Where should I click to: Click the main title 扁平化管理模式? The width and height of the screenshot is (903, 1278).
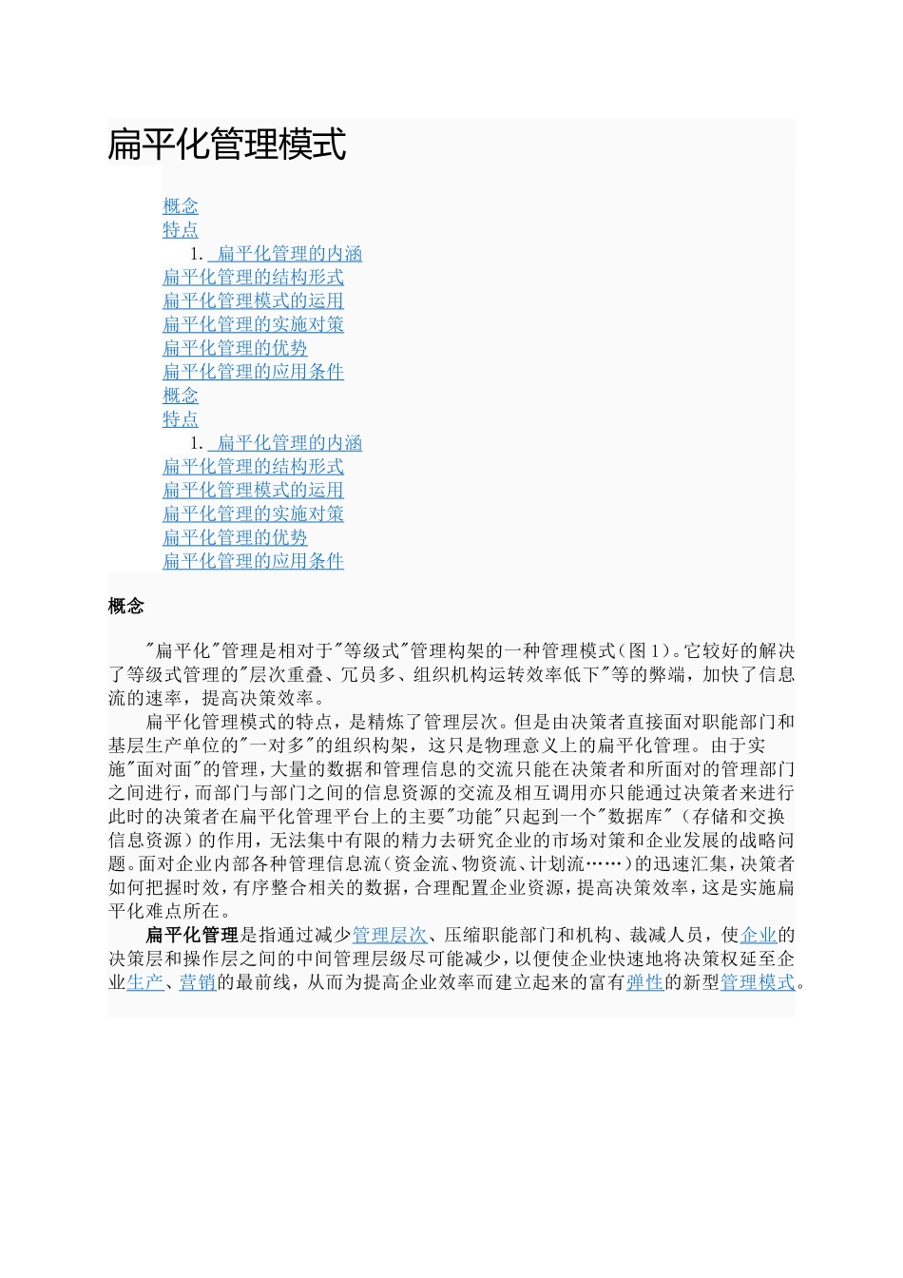click(227, 145)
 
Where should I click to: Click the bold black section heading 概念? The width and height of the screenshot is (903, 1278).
click(125, 607)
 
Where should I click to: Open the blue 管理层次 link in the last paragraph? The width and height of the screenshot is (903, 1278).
click(390, 936)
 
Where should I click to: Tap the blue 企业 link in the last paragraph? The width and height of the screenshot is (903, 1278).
click(758, 936)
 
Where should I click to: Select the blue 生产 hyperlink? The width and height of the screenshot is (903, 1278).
click(144, 982)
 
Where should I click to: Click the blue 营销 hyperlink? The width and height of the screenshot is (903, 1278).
click(198, 982)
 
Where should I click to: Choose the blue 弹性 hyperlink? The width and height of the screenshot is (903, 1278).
click(644, 982)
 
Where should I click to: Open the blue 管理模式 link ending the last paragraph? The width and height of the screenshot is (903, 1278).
click(758, 982)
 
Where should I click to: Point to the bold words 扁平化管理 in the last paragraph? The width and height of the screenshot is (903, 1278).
click(192, 936)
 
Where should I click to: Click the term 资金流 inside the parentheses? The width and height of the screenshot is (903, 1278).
click(418, 864)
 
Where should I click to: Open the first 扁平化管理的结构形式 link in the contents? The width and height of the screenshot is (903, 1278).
click(253, 278)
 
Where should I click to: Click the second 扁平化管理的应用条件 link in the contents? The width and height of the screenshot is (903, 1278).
click(253, 561)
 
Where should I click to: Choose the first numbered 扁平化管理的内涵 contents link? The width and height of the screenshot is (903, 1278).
click(289, 254)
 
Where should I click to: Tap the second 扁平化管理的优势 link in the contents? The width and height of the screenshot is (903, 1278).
click(235, 537)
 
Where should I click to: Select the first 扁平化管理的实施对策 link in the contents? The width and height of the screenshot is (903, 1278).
click(253, 324)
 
